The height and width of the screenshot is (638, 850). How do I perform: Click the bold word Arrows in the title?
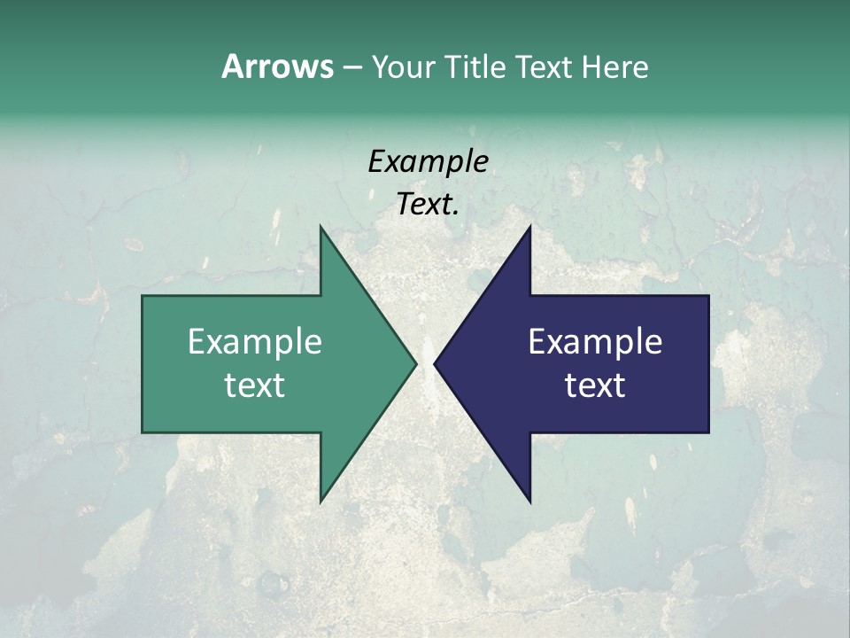(x=276, y=66)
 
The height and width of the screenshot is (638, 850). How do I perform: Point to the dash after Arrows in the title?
(x=352, y=67)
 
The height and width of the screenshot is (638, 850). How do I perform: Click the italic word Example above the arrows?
(x=428, y=161)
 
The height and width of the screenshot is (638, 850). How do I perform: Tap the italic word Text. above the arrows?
(x=428, y=205)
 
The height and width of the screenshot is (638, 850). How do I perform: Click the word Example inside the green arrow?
(x=255, y=342)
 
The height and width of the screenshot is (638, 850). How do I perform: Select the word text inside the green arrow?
(x=255, y=385)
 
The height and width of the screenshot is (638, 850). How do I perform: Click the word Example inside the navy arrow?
(x=595, y=342)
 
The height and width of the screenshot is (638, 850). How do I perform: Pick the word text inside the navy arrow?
(x=595, y=385)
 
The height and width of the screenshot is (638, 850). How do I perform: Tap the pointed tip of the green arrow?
(x=416, y=363)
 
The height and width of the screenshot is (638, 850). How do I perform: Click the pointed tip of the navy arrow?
(x=435, y=363)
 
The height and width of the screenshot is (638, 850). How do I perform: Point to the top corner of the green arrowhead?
(x=321, y=226)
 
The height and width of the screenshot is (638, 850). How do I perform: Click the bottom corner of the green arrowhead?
(x=321, y=502)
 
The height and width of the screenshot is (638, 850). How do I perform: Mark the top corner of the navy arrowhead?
(x=529, y=226)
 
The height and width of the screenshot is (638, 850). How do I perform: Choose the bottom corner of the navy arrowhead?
(x=529, y=502)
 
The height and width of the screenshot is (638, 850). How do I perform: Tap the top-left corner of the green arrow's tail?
(x=143, y=296)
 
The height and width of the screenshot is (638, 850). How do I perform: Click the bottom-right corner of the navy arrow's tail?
(x=708, y=432)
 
